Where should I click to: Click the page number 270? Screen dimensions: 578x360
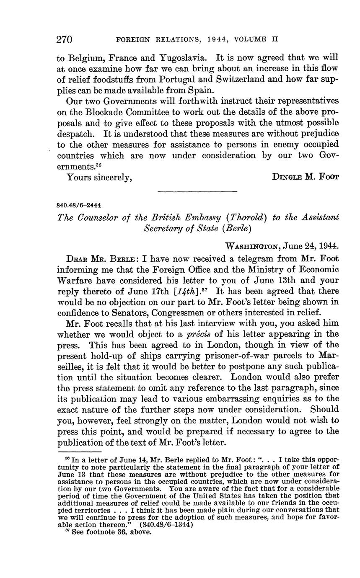pyautogui.click(x=65, y=40)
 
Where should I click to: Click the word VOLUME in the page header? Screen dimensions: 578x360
pyautogui.click(x=250, y=40)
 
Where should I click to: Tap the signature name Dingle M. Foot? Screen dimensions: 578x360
pyautogui.click(x=305, y=176)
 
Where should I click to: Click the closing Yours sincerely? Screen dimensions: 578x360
pyautogui.click(x=99, y=177)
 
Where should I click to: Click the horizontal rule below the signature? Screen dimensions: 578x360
pyautogui.click(x=197, y=192)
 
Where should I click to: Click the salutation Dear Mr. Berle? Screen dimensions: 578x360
pyautogui.click(x=99, y=258)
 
